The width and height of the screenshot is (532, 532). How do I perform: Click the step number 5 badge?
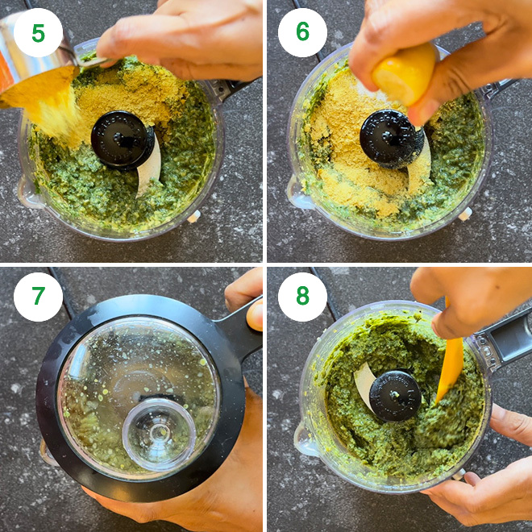click(38, 33)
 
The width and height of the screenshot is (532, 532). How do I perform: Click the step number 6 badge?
click(302, 33)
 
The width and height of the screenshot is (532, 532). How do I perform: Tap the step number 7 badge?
click(38, 297)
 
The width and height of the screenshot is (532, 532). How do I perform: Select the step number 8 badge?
click(302, 297)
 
